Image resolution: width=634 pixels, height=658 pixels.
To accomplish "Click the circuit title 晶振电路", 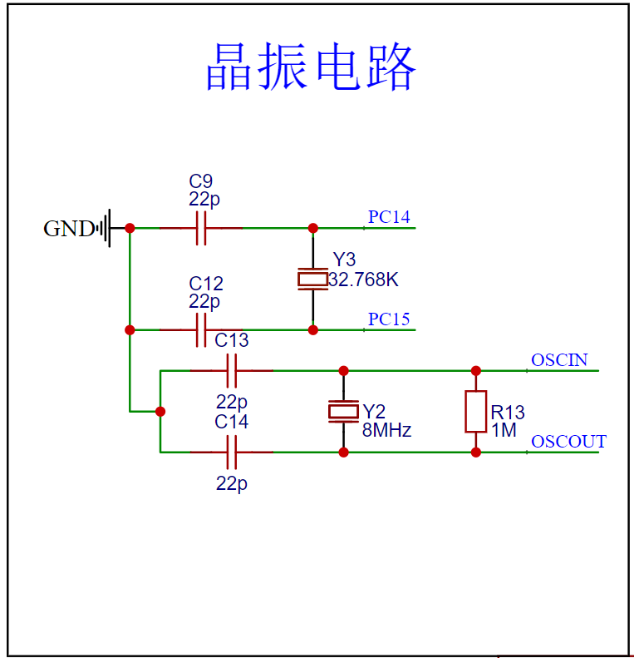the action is [x=311, y=67].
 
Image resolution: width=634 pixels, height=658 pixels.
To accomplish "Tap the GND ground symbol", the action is [x=105, y=228].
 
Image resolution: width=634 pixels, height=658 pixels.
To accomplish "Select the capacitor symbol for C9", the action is [x=201, y=228].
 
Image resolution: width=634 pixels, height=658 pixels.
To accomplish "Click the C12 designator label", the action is [x=206, y=284].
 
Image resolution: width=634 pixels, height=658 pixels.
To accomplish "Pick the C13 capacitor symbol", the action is [x=232, y=371].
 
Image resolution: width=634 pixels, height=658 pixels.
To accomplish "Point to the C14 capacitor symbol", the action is [x=232, y=453].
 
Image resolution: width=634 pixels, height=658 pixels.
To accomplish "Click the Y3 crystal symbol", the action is [x=312, y=279].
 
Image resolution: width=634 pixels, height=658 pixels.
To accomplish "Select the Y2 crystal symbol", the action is [x=343, y=412].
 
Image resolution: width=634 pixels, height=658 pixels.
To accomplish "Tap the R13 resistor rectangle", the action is [x=476, y=412].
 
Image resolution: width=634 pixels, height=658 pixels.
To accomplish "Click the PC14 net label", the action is [x=389, y=217].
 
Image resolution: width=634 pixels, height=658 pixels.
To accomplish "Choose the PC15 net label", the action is [x=389, y=319].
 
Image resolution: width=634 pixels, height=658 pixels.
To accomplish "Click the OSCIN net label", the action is [x=559, y=360].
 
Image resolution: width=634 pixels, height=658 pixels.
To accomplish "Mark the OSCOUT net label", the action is [x=568, y=442].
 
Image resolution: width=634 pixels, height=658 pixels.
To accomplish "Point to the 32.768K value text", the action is [x=363, y=280].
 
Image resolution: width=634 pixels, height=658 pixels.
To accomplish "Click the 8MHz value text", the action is [x=386, y=430].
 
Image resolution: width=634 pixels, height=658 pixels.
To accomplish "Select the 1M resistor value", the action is [x=504, y=430].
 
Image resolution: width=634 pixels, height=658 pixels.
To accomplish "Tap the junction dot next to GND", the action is [x=130, y=228].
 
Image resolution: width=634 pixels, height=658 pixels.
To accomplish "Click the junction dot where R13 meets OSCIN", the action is [x=476, y=371].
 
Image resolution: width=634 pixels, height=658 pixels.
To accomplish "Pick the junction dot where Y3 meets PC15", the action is [x=312, y=330].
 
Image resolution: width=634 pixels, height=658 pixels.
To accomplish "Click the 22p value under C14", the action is [x=232, y=484].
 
